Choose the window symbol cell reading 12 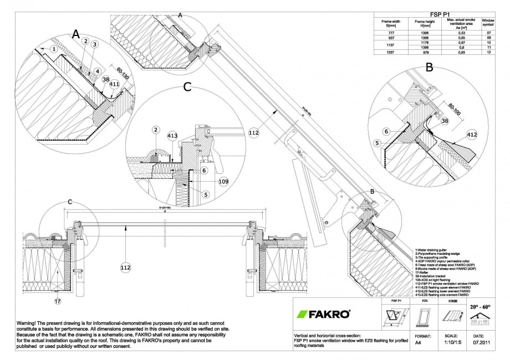tap(489, 52)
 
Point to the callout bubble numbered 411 tap(114, 84)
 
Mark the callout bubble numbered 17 tap(57, 302)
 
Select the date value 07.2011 tap(481, 343)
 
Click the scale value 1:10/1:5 tap(447, 343)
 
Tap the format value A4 tap(418, 343)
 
